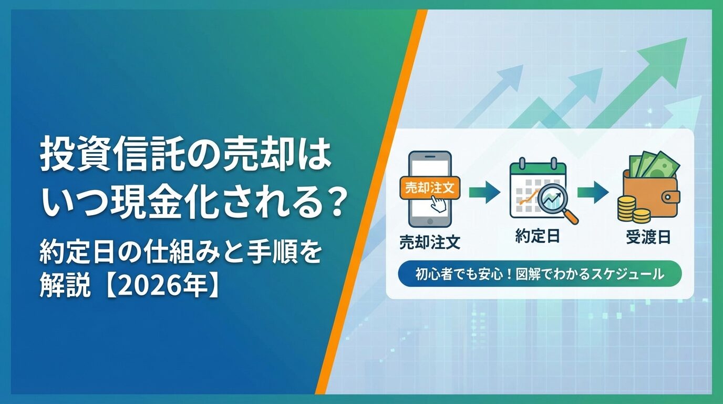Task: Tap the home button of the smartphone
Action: [430, 221]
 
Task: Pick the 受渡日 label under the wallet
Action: [648, 237]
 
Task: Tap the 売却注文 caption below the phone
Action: [430, 242]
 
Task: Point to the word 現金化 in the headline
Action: [173, 205]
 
